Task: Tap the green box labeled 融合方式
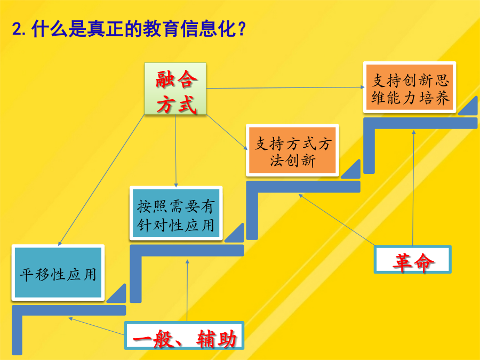(x=175, y=89)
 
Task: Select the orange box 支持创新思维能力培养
(x=410, y=87)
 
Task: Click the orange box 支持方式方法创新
(x=292, y=150)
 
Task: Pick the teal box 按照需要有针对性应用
(x=176, y=213)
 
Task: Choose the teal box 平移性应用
(x=58, y=273)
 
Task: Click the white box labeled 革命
(x=413, y=259)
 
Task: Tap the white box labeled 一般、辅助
(x=185, y=335)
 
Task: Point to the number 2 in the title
(x=17, y=30)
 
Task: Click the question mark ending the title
(x=242, y=29)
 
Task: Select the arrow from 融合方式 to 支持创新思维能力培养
(x=285, y=87)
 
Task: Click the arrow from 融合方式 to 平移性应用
(x=101, y=180)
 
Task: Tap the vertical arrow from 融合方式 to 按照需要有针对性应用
(x=175, y=150)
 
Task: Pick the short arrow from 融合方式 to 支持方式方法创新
(x=227, y=132)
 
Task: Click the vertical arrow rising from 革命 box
(x=413, y=188)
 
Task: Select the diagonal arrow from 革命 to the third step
(x=337, y=220)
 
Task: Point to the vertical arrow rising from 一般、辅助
(x=187, y=291)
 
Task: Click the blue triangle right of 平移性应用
(x=117, y=293)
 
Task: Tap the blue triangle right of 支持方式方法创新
(x=351, y=169)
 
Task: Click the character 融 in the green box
(x=165, y=79)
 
